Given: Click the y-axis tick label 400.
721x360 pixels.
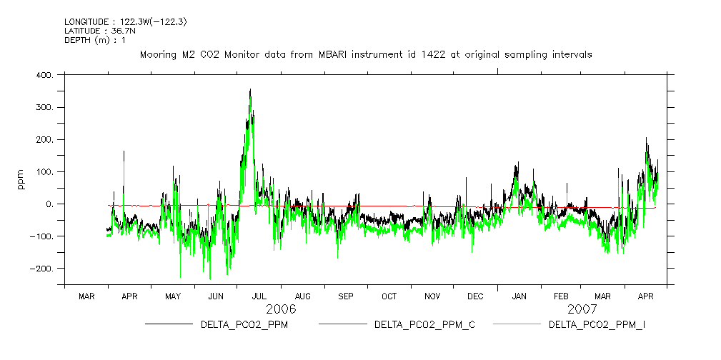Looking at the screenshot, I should tap(44, 75).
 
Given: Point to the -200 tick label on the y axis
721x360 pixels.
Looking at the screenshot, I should tap(43, 269).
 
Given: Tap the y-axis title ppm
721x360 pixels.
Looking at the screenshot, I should tap(21, 178).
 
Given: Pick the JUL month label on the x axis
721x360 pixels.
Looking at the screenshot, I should tap(259, 296).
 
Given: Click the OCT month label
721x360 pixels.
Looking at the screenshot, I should tap(389, 296).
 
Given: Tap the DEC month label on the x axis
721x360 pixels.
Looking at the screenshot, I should tap(475, 296).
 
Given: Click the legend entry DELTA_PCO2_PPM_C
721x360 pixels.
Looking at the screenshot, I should tap(424, 325).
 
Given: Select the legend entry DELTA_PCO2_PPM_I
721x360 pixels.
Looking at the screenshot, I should tap(597, 325).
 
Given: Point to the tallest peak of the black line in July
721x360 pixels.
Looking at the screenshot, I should tap(250, 90).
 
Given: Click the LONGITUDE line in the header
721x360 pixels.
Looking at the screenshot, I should tap(126, 22).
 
